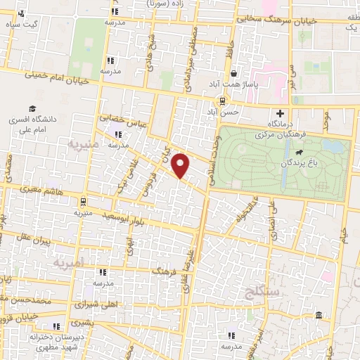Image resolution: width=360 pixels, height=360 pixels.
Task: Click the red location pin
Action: pyautogui.click(x=181, y=166)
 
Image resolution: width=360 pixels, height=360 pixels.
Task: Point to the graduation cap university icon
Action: pyautogui.click(x=32, y=108)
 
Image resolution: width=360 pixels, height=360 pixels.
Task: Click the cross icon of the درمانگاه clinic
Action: pyautogui.click(x=280, y=113)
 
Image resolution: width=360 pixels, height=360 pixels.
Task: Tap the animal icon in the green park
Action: pyautogui.click(x=300, y=152)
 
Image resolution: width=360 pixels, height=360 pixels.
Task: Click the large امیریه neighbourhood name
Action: pyautogui.click(x=68, y=262)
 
